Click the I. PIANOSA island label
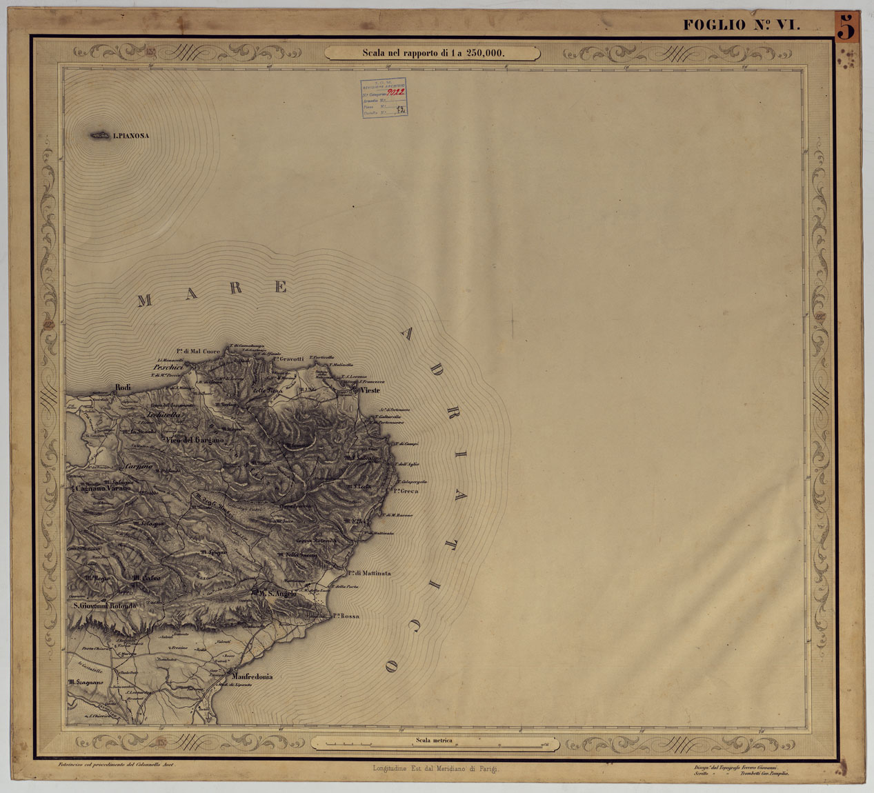coord(130,136)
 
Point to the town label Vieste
coord(370,390)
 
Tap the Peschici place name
coord(169,368)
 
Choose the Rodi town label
coord(123,388)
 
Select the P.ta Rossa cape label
coord(347,616)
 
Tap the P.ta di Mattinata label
coord(369,573)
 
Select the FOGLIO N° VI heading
coord(742,26)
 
